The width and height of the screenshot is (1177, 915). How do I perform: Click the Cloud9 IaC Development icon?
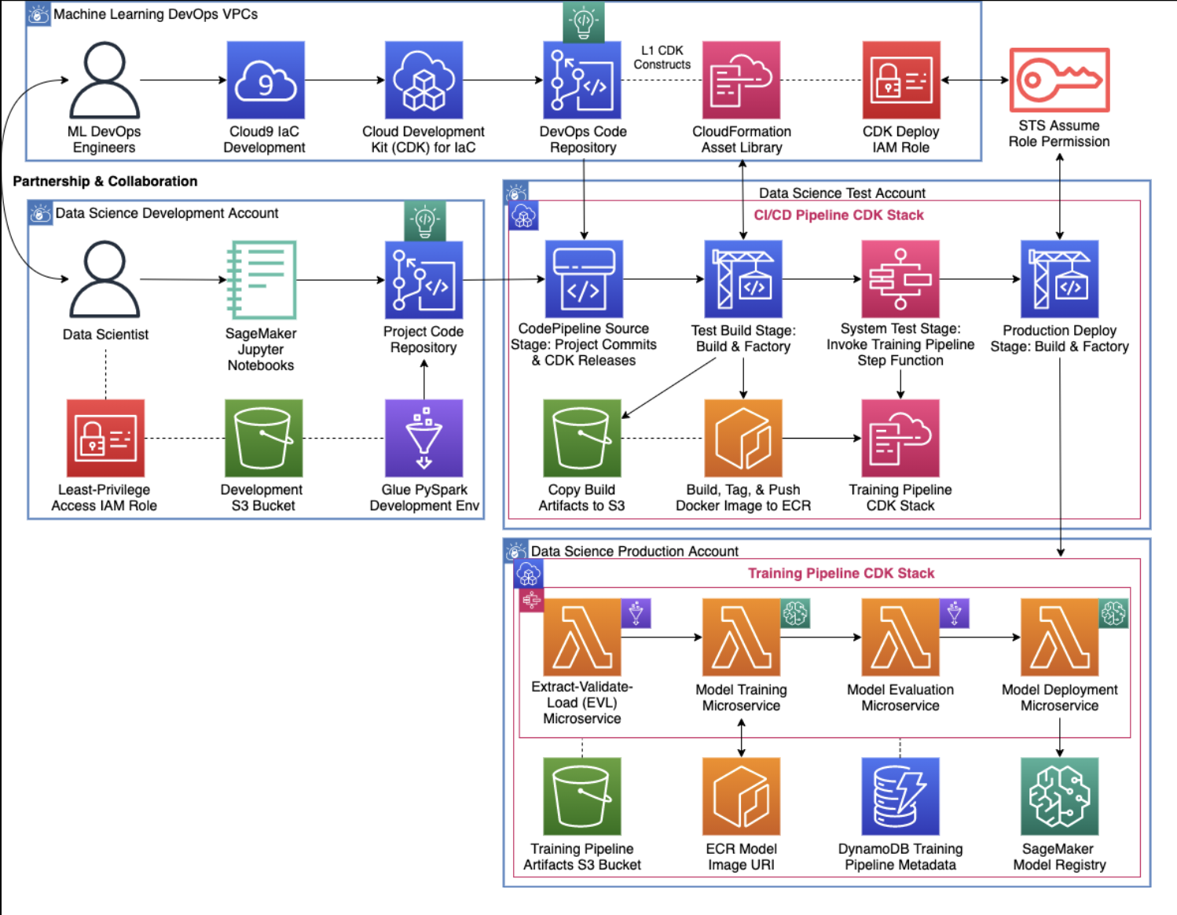[x=266, y=80]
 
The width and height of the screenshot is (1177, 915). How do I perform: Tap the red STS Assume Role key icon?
[x=1059, y=80]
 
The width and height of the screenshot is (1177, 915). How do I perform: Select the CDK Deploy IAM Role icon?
[x=900, y=80]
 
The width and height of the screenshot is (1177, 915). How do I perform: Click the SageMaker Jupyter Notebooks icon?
[x=261, y=280]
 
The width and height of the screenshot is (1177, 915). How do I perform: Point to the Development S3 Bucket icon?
[x=263, y=438]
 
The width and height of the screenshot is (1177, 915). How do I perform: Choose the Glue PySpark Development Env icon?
[x=423, y=438]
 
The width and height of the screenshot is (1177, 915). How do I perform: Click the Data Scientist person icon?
[x=105, y=280]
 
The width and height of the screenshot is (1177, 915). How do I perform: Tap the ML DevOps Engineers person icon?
[x=104, y=80]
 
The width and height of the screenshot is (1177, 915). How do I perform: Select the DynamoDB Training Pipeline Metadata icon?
[x=900, y=796]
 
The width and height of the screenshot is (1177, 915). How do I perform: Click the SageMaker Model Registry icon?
[x=1059, y=796]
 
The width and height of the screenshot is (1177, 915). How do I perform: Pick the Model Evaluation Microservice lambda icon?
[x=900, y=638]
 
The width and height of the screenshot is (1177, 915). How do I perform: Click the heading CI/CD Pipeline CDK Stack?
[x=838, y=215]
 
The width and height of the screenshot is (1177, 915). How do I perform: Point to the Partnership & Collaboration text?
[x=105, y=182]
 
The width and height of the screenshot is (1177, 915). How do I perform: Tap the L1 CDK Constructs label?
[x=662, y=57]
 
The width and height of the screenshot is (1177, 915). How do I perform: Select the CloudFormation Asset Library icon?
[x=741, y=80]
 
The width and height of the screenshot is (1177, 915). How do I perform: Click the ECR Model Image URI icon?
[x=741, y=796]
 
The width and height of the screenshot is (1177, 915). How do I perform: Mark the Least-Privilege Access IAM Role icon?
[x=105, y=438]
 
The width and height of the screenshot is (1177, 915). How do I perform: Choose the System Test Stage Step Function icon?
[x=900, y=279]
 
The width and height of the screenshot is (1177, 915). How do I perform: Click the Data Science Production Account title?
[x=634, y=551]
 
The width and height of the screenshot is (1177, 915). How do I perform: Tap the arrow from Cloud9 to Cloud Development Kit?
[x=344, y=80]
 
